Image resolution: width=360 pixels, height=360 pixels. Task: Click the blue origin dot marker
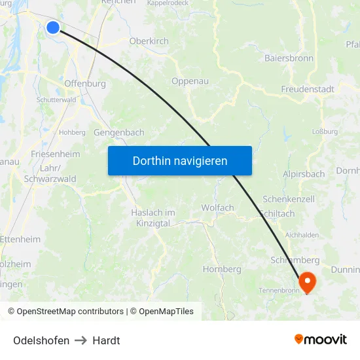pos(53,27)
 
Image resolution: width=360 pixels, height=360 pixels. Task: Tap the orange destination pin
pos(306,282)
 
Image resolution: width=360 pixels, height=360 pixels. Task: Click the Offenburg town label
pos(85,84)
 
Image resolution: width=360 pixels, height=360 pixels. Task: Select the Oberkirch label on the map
pos(149,41)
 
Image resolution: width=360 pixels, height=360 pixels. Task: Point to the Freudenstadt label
pos(307,89)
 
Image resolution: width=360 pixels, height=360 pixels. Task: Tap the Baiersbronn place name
pos(289,58)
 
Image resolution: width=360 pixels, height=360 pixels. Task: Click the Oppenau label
pos(189,81)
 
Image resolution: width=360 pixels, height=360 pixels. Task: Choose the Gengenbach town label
pos(119,132)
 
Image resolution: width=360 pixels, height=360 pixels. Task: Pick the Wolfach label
pos(217,207)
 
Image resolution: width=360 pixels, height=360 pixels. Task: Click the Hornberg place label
pos(222,269)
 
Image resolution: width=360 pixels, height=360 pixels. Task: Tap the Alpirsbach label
pos(304,174)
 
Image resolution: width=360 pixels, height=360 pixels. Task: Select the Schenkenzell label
pos(289,198)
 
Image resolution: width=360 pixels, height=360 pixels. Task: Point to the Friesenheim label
pos(55,154)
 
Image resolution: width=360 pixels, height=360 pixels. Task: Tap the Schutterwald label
pos(56,99)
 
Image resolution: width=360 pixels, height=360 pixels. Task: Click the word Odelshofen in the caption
pos(41,340)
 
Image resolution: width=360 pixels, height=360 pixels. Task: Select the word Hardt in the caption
pos(106,340)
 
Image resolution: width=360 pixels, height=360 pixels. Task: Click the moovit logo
pos(321,339)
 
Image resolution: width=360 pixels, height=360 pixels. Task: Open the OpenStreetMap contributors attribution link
pos(70,312)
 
